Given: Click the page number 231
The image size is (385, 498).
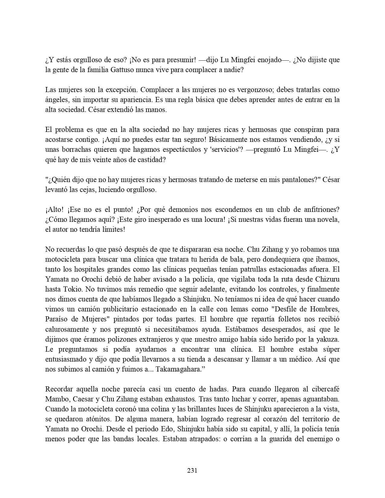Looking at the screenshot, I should [192, 470].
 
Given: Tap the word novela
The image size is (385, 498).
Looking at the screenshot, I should [328, 219].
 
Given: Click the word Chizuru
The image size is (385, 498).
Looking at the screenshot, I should [328, 279].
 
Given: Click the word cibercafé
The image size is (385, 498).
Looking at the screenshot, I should [322, 389].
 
